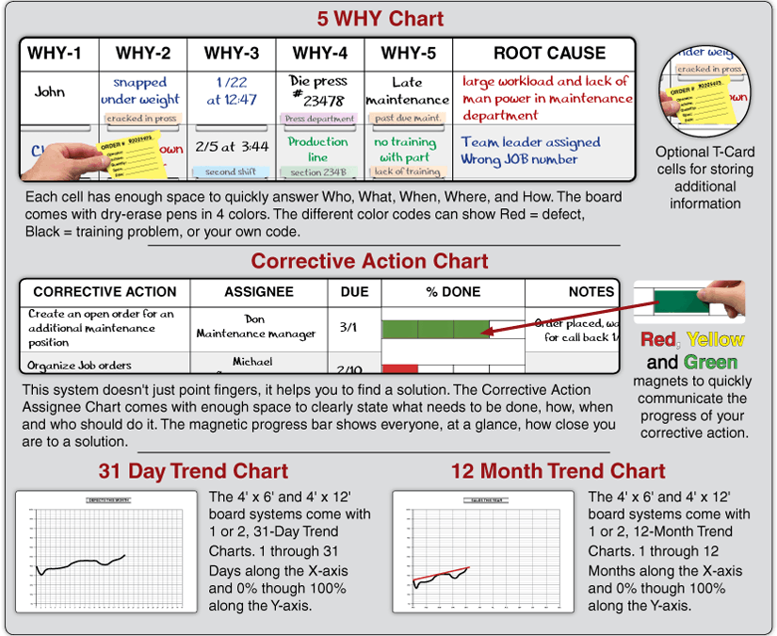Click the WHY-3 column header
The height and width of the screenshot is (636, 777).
pos(232,53)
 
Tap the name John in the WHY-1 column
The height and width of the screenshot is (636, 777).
pos(50,92)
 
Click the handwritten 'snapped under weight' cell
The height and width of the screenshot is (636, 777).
pos(140,91)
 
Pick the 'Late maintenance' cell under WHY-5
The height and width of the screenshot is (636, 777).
pos(407,91)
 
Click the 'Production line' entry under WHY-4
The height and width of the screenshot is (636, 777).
pos(318,149)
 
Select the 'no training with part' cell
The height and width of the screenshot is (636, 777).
pos(406,150)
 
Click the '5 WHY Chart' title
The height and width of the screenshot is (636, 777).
pos(380,18)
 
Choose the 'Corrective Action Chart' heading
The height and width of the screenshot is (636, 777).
pos(369,261)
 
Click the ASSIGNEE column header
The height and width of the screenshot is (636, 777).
pos(258,292)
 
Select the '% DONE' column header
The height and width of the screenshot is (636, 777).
pos(453,292)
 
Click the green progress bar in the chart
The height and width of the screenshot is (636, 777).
pos(435,329)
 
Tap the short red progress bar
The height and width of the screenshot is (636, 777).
pos(399,367)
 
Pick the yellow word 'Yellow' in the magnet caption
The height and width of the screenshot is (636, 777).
pos(715,340)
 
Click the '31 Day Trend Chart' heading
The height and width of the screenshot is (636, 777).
pos(193,471)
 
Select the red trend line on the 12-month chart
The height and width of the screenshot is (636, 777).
pos(440,573)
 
